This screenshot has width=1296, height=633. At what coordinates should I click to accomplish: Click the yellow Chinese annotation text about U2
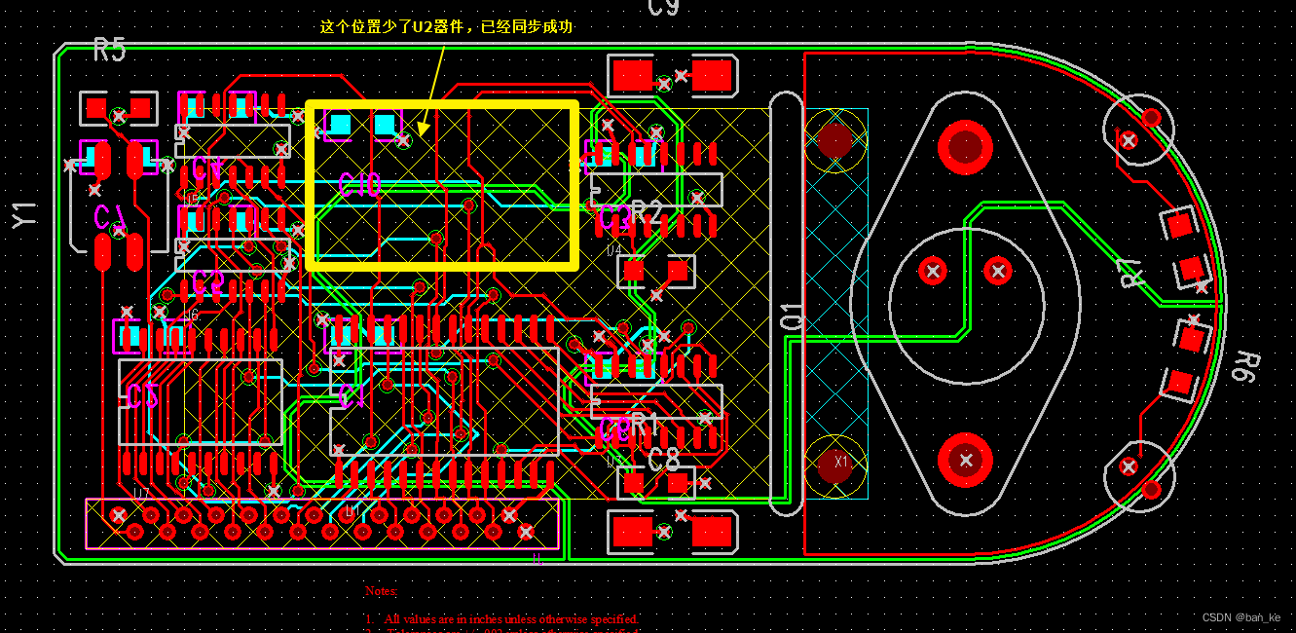coord(446,27)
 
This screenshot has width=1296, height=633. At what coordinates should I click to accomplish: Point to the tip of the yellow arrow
coord(421,134)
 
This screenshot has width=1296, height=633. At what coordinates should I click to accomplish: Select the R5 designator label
coord(109,50)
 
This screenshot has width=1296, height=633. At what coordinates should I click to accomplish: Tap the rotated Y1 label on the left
coord(24,215)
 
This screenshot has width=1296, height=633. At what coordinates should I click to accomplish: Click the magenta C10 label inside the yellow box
coord(359,185)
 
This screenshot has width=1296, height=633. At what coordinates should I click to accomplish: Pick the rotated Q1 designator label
coord(793,316)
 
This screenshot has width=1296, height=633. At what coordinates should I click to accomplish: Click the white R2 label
coord(647,212)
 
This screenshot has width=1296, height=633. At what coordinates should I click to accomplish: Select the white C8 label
coord(663,459)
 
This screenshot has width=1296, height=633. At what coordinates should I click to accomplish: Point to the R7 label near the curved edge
coord(1130,274)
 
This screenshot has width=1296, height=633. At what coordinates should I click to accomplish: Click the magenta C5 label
coord(142,395)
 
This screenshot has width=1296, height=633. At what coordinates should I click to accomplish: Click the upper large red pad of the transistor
coord(965,147)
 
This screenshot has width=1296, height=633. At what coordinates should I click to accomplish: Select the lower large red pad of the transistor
coord(965,460)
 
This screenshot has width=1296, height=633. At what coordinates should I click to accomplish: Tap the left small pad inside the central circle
coord(933,271)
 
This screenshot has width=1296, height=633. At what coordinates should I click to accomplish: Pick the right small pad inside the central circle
coord(997,271)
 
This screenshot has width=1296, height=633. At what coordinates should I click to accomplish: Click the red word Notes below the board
coord(382,591)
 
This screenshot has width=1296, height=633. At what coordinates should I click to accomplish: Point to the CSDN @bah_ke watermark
coord(1240,617)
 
